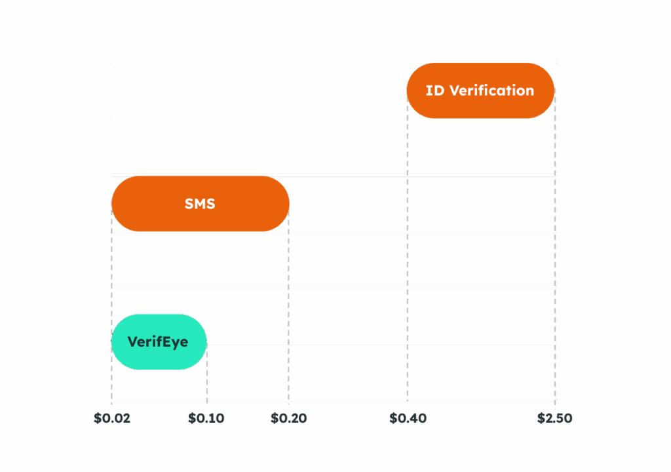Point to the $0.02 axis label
pos(112,418)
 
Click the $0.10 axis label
pos(206,418)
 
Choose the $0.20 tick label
pos(288,418)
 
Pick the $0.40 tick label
pos(408,418)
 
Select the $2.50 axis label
pos(554,418)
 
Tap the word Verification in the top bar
pos(491,90)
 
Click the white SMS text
pos(200,204)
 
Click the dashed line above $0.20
pos(289,315)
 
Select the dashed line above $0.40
pos(408,262)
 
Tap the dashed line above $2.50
pos(556,262)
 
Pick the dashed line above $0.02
pos(111,262)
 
